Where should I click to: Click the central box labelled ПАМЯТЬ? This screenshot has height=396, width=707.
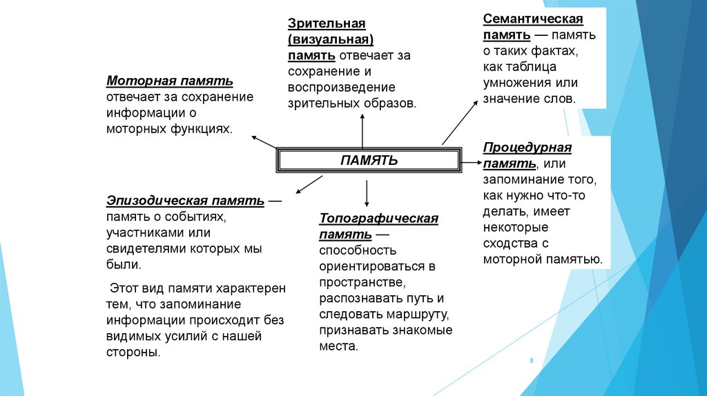[369, 160]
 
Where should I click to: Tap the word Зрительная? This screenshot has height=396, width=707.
[327, 24]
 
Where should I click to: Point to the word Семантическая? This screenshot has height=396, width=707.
[533, 19]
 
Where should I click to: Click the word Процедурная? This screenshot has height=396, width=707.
[527, 148]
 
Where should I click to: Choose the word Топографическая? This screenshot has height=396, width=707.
[378, 219]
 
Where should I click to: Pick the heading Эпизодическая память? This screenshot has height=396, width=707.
[185, 201]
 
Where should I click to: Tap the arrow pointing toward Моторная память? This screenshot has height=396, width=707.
[263, 142]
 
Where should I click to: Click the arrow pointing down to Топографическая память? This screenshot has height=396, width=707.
[367, 193]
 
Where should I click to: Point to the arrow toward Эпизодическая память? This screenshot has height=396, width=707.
[309, 185]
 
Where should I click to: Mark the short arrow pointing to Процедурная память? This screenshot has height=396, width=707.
[472, 162]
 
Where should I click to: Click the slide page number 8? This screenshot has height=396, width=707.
[532, 361]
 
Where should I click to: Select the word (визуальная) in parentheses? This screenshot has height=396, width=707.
[331, 40]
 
